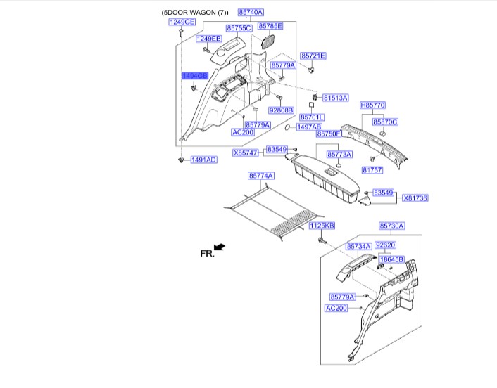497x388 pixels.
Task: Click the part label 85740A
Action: [x=251, y=13]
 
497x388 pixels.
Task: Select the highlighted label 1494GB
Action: [x=194, y=75]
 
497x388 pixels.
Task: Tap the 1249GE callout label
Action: [x=182, y=22]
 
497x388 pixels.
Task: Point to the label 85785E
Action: [x=270, y=26]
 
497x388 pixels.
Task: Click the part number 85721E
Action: [x=313, y=56]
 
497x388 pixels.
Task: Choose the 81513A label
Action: [x=336, y=98]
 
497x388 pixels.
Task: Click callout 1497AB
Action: [x=309, y=127]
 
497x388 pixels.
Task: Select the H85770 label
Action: [x=373, y=105]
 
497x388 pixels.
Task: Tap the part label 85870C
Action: [x=385, y=122]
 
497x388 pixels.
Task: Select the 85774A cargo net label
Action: [x=260, y=175]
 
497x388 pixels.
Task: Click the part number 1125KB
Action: [x=322, y=226]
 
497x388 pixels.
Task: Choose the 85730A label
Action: [x=391, y=226]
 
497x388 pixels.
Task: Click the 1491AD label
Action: [x=203, y=160]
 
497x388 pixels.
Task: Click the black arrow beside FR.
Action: [x=220, y=247]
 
